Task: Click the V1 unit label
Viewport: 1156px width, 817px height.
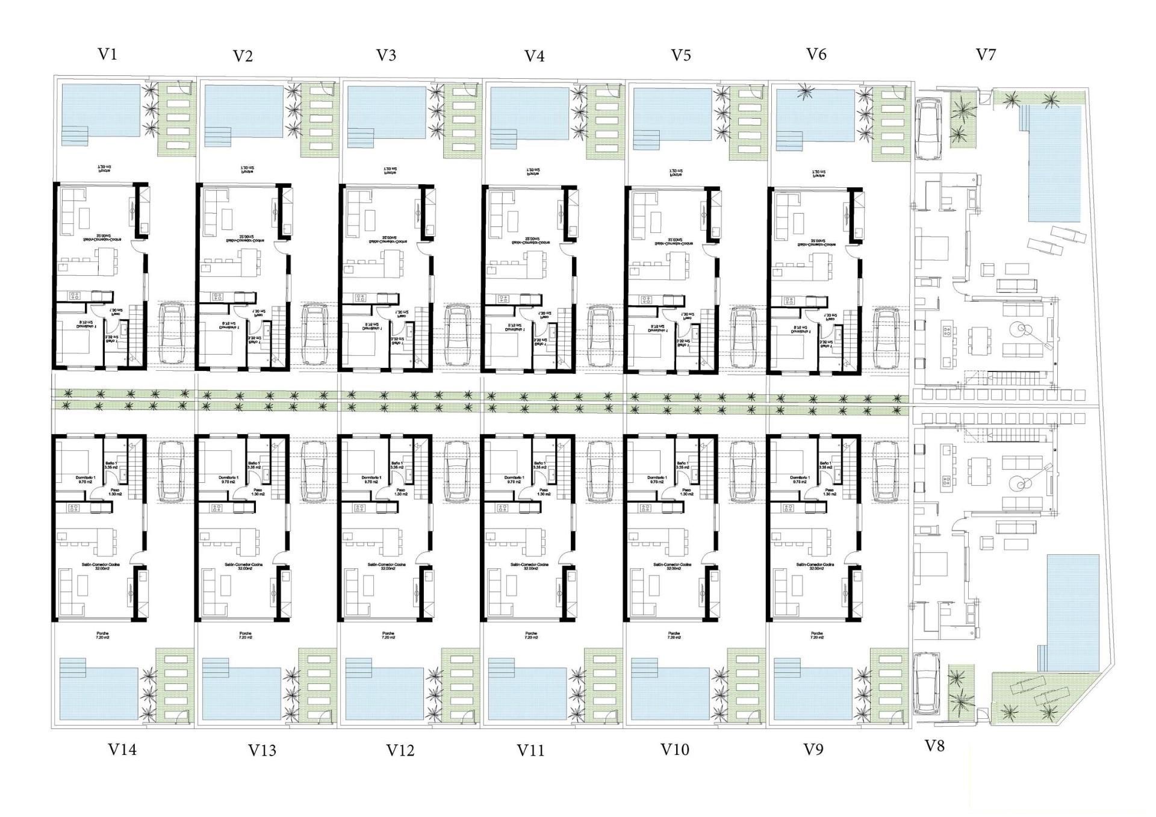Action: (107, 54)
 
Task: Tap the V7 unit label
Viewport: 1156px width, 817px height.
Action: (986, 55)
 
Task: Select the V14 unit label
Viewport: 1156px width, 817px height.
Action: (122, 750)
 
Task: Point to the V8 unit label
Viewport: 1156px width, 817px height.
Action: (934, 746)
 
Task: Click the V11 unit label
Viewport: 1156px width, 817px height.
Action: (530, 750)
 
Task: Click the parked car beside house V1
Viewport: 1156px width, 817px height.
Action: (172, 334)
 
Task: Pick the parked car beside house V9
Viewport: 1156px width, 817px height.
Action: (886, 471)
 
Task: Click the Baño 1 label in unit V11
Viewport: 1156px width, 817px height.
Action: (539, 465)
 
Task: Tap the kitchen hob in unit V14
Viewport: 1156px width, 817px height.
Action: (74, 508)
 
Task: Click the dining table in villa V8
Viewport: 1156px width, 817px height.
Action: (979, 469)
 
